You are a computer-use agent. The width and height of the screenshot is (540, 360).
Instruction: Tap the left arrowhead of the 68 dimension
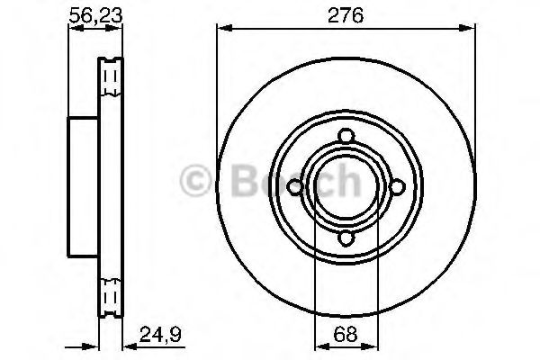(x=319, y=345)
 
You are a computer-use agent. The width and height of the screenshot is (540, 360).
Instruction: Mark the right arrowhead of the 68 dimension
(x=372, y=345)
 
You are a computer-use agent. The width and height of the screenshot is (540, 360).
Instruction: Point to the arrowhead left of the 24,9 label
(x=124, y=345)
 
